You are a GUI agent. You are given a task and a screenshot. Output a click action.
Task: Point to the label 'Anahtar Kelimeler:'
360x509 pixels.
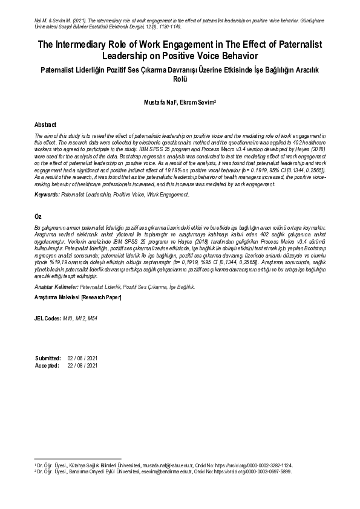point(57,288)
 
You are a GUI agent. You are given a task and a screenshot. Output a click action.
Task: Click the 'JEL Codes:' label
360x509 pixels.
point(48,318)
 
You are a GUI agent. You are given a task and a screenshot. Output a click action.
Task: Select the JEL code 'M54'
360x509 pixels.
point(91,318)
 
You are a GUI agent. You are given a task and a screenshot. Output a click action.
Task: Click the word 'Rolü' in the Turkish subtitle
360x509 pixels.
point(180,79)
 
